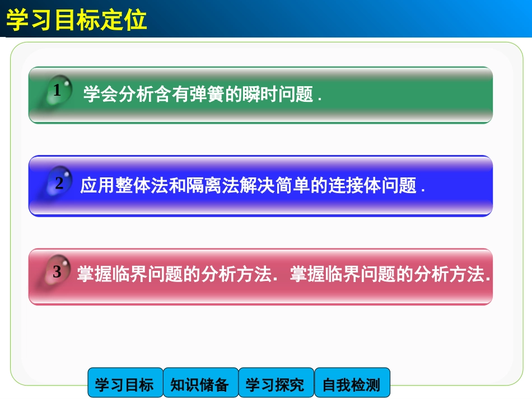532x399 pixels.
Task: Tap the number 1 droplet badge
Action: coord(57,91)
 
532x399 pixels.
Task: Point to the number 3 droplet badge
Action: coord(57,272)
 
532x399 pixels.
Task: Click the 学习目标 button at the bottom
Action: coord(124,384)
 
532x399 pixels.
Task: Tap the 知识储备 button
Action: coord(200,384)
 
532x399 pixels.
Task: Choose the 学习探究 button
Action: coord(276,384)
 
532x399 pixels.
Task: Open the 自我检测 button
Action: coord(351,384)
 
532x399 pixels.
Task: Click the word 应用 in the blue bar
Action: coord(94,185)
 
